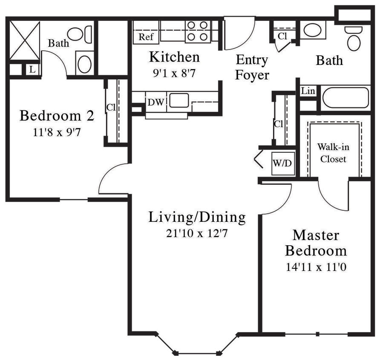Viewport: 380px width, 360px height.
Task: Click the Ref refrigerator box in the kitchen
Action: click(x=146, y=37)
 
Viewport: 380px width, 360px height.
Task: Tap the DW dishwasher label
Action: click(x=154, y=102)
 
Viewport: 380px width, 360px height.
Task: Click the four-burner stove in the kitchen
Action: click(x=198, y=31)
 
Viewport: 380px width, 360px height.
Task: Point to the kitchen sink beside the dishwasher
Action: click(x=179, y=101)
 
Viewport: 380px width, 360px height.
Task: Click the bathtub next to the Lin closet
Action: click(x=345, y=98)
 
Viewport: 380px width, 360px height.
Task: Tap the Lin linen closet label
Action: click(x=308, y=91)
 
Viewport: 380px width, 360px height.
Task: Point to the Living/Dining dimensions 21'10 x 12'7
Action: click(x=197, y=233)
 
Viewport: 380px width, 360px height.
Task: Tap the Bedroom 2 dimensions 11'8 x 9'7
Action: click(x=57, y=132)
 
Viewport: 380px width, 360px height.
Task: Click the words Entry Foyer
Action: click(x=252, y=67)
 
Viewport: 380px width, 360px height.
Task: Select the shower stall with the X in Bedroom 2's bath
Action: click(x=24, y=41)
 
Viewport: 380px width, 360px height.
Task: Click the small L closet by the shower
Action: click(x=32, y=69)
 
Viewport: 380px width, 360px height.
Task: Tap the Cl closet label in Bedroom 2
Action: click(x=111, y=107)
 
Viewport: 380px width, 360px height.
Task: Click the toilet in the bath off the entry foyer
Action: click(x=353, y=38)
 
